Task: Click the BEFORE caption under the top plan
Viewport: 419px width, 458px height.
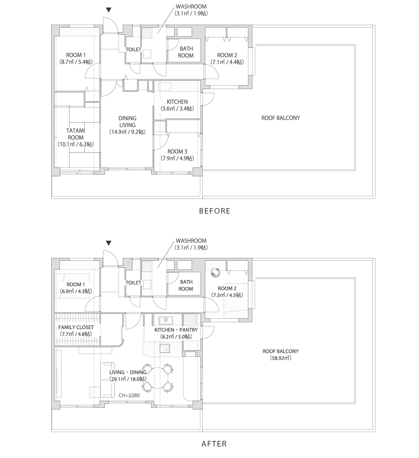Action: click(214, 211)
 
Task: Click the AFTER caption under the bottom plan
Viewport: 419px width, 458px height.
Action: click(214, 444)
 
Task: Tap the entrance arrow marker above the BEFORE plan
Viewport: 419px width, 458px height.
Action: click(109, 10)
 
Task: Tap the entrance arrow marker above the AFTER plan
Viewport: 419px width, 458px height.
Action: click(109, 243)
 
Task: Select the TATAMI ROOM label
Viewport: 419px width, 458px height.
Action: click(76, 134)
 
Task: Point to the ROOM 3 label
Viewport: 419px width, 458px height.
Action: click(177, 152)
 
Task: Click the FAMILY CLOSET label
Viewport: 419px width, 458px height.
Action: click(76, 327)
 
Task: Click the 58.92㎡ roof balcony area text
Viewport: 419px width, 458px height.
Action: click(280, 358)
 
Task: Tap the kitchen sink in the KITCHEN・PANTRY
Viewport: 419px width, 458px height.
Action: click(166, 320)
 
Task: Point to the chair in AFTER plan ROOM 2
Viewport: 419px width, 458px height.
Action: click(215, 272)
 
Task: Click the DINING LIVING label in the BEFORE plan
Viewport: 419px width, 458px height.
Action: click(127, 122)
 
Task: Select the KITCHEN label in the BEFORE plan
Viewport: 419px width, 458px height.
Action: click(177, 102)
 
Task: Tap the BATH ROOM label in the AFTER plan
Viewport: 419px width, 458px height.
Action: click(186, 286)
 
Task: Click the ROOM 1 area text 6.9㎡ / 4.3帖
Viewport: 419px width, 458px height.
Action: click(76, 291)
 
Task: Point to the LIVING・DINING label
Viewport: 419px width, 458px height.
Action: click(128, 372)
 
